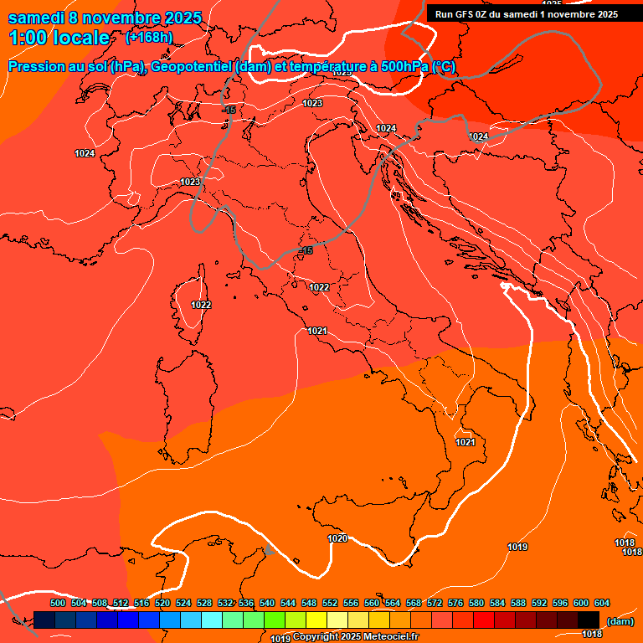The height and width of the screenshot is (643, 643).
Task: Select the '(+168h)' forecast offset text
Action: [149, 38]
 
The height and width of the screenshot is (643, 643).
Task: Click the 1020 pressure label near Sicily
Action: [337, 538]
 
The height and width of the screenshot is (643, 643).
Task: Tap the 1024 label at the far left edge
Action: [84, 153]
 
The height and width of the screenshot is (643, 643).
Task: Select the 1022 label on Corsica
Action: [201, 305]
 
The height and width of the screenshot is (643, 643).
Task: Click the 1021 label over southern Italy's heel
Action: [466, 442]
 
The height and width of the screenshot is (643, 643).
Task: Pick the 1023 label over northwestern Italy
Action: [190, 182]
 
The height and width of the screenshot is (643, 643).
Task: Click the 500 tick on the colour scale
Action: [58, 603]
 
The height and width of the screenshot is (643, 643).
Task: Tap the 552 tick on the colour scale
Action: [330, 603]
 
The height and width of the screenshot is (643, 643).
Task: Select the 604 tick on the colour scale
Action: [602, 603]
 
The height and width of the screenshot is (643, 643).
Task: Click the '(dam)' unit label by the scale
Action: [620, 621]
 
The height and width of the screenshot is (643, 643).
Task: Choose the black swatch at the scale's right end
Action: [589, 620]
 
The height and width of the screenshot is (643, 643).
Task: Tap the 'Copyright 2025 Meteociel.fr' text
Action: [355, 637]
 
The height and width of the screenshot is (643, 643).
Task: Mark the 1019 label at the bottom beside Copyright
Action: [280, 638]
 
